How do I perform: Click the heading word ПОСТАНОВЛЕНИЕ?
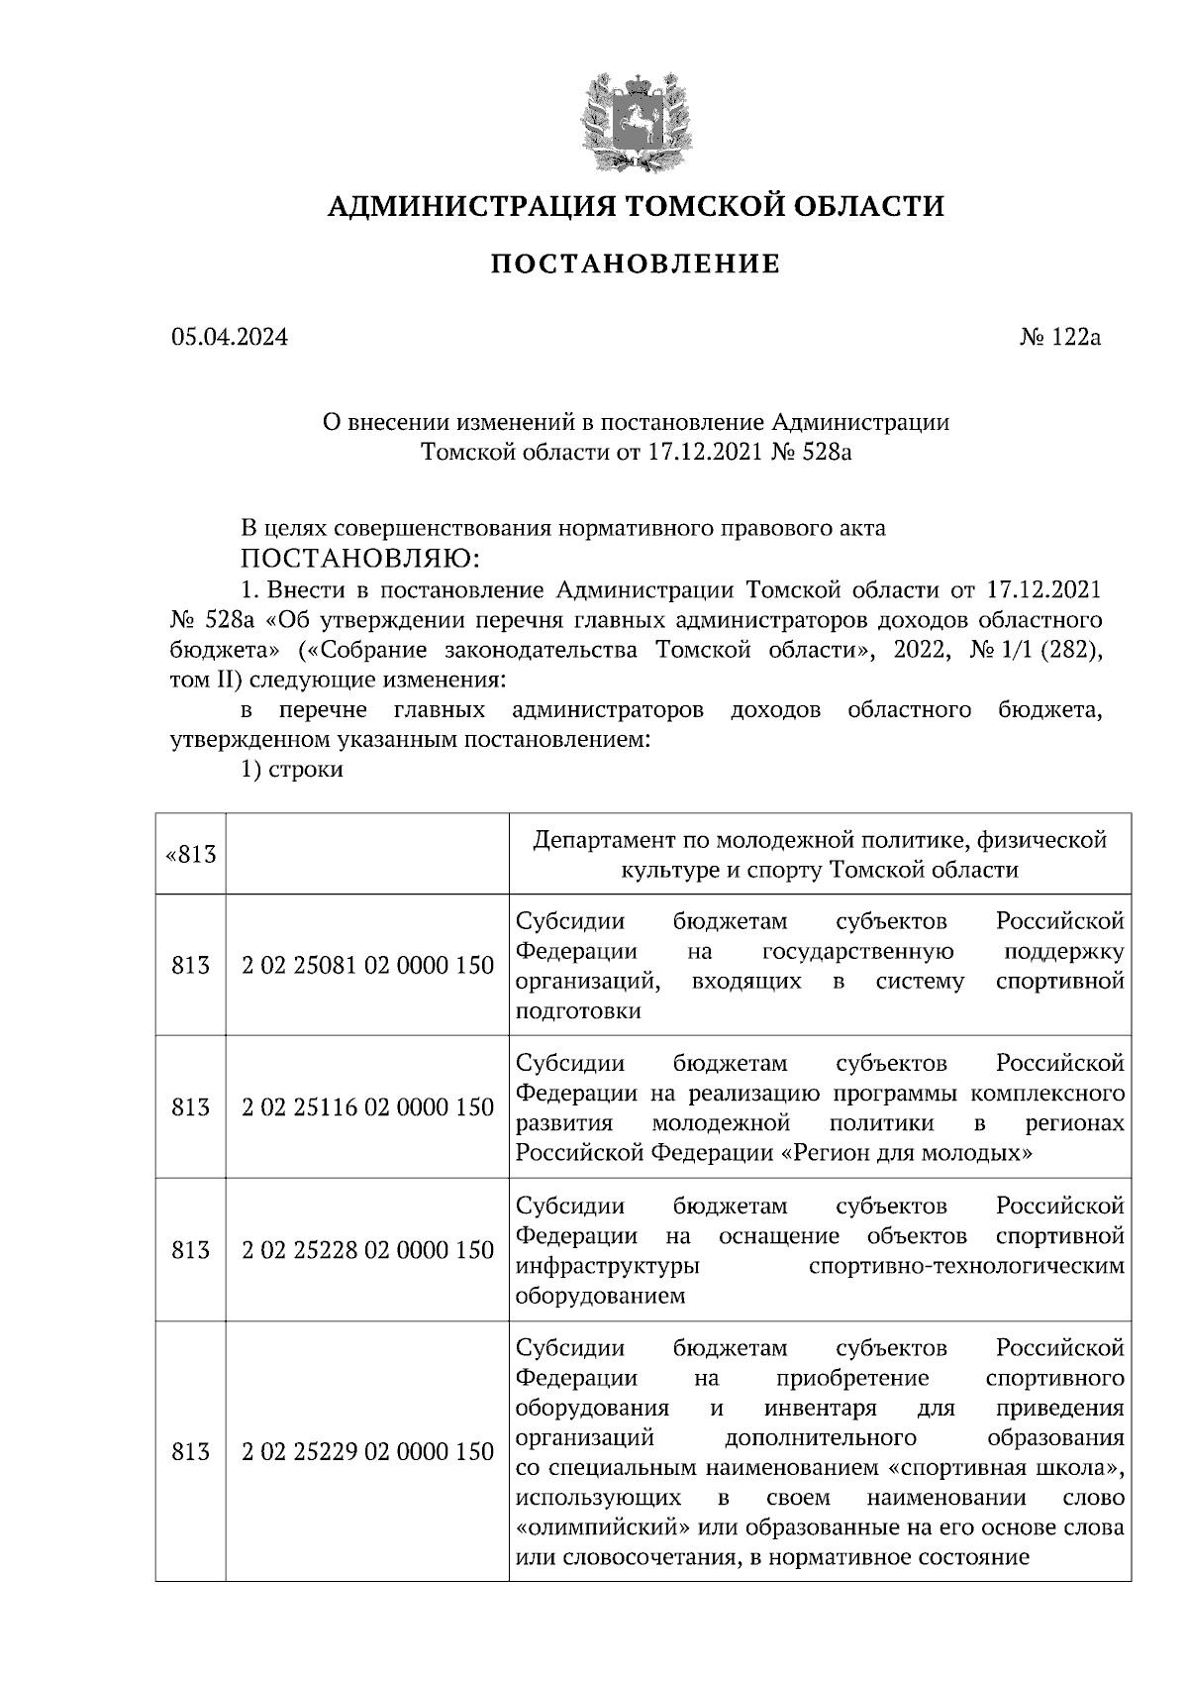pos(636,263)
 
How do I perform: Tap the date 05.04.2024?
pos(230,337)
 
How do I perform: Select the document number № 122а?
pos(1059,337)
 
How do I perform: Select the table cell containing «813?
pos(191,854)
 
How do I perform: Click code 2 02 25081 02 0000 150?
pos(367,965)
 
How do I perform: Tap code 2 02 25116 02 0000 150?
pos(367,1107)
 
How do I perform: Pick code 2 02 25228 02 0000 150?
pos(367,1250)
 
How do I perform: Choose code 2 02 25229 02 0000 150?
pos(367,1452)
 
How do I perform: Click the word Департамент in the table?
pos(602,840)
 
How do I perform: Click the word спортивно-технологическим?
pos(966,1266)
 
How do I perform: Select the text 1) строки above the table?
pos(292,769)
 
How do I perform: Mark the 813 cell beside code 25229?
pos(191,1452)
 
